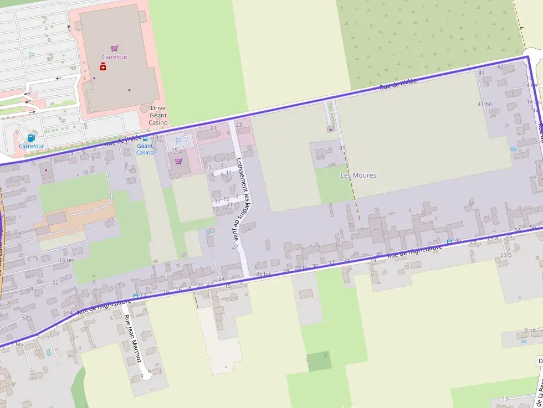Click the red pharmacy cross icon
[103, 67]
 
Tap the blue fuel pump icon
[31, 138]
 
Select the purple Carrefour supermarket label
[115, 57]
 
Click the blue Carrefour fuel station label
[32, 146]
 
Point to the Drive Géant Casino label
[158, 115]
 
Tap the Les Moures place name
[358, 175]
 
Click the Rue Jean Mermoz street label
[134, 339]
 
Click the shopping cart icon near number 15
[178, 161]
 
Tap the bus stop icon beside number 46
[449, 241]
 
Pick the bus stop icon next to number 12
[136, 297]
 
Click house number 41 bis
[485, 104]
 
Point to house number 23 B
[506, 255]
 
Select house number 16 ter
[66, 260]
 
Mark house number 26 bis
[264, 274]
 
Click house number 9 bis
[530, 330]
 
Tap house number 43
[500, 67]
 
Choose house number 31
[342, 148]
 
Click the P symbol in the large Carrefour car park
[32, 55]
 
